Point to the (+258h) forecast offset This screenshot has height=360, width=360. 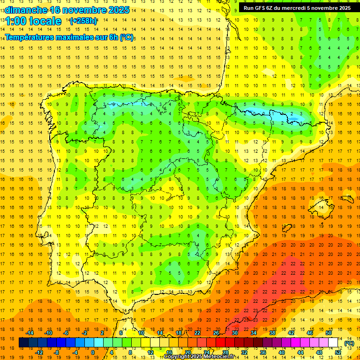point(83,21)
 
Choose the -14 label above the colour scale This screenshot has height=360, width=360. point(30,333)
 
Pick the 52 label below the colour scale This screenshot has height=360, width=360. point(338,352)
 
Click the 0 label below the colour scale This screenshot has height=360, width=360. point(93,352)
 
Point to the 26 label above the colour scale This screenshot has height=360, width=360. point(216,333)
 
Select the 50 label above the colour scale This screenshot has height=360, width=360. point(328,333)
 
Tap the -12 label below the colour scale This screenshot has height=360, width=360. point(39,352)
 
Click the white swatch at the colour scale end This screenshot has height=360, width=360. point(333,343)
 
